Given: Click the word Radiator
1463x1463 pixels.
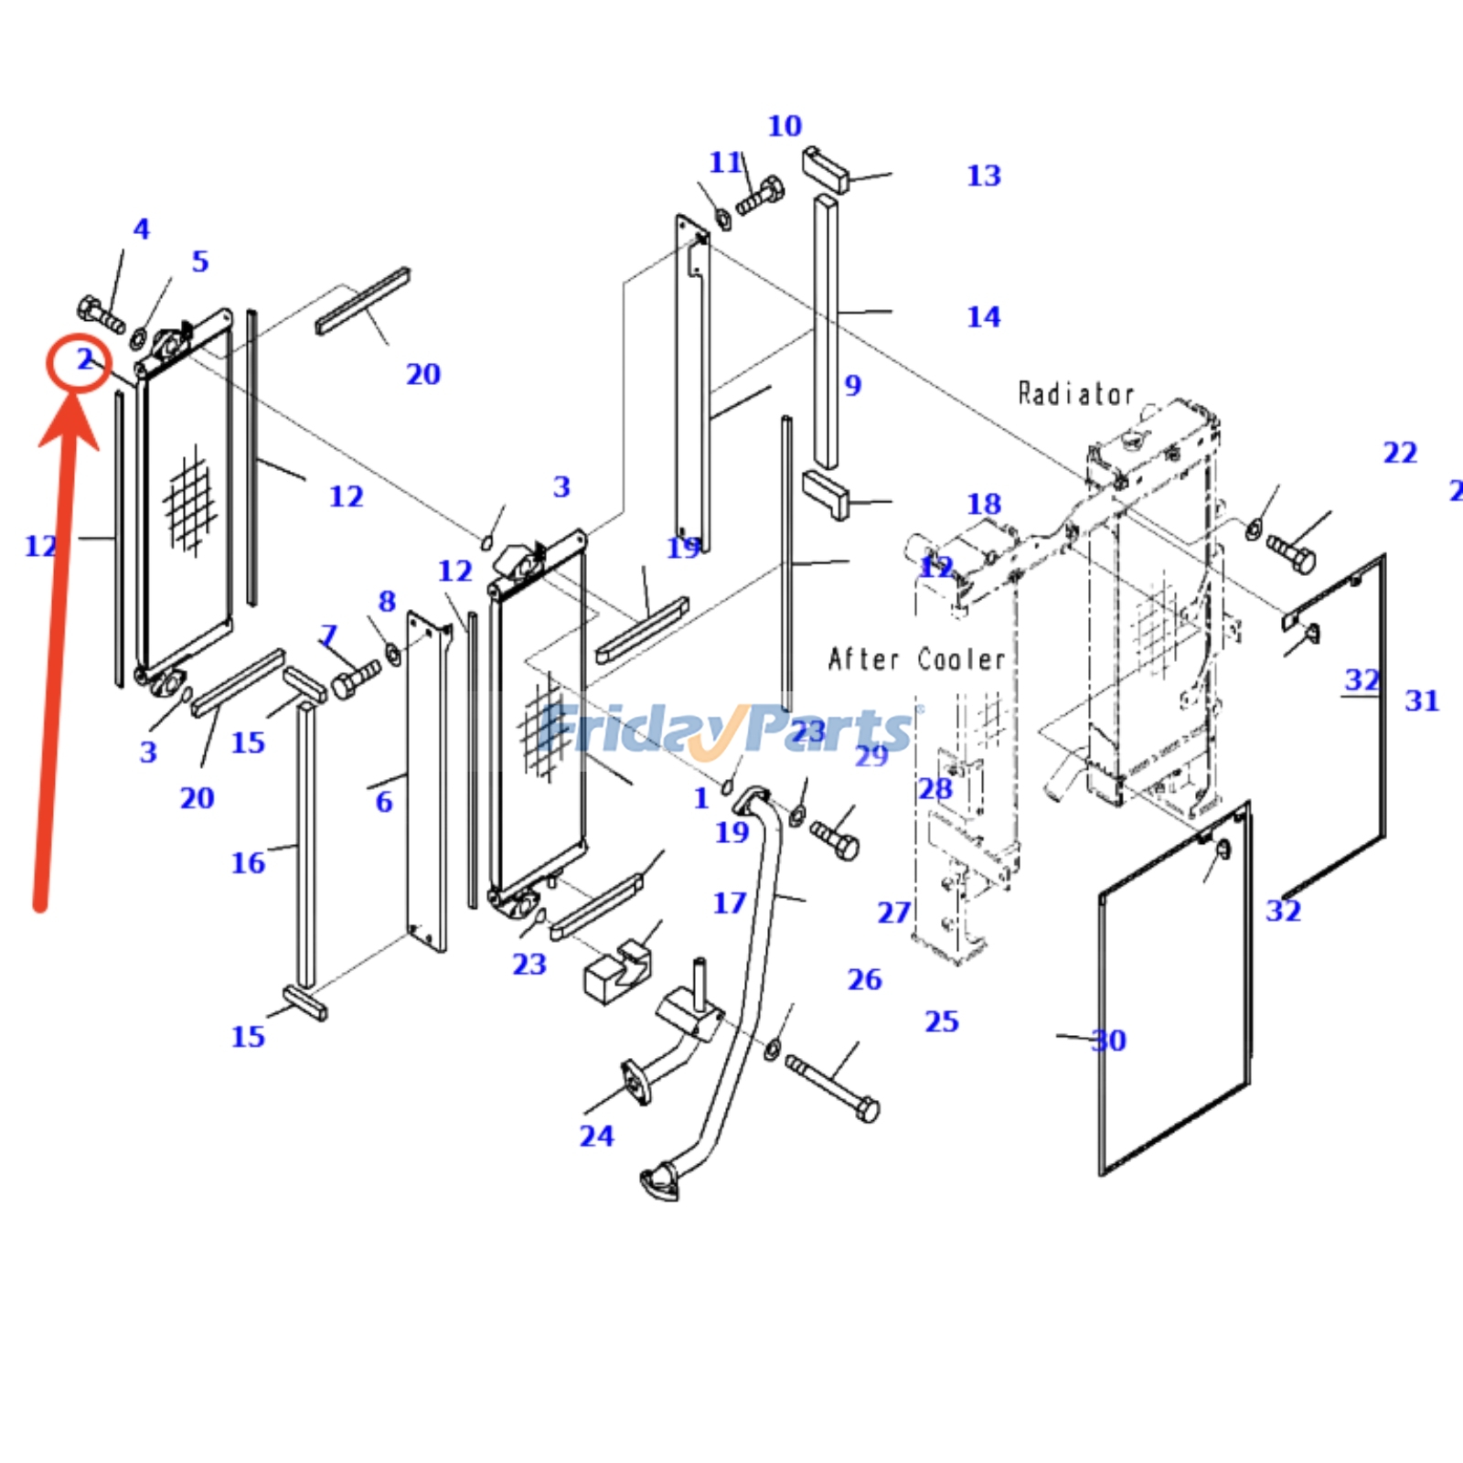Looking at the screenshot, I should (x=1075, y=394).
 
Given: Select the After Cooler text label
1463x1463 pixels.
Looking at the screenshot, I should (x=916, y=659).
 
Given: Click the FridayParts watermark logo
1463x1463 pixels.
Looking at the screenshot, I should (x=727, y=730).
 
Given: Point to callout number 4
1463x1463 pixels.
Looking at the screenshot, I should (x=141, y=229).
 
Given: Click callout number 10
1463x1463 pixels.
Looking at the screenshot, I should (x=785, y=126).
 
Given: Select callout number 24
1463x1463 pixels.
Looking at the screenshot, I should (x=596, y=1136).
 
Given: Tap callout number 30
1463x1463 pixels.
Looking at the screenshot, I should (x=1109, y=1040).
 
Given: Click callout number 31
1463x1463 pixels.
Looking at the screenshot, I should (x=1422, y=700).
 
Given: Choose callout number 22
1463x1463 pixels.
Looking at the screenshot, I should (x=1400, y=453).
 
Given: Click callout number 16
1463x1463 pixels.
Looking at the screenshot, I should (x=248, y=862).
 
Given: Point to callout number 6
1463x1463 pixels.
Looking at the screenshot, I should (x=384, y=802).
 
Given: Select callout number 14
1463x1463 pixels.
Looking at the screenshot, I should (x=984, y=317).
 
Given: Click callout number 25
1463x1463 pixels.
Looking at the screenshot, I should (x=942, y=1021).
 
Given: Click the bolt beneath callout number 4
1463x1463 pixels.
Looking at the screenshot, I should (x=101, y=314).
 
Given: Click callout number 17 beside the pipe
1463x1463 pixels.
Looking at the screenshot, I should (x=730, y=903).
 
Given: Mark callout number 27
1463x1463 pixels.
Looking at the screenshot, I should (x=894, y=913).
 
